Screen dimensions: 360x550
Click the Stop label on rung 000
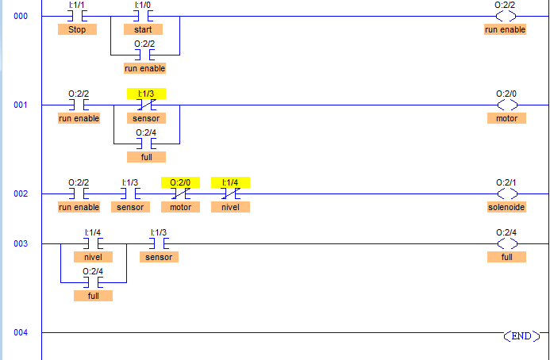pos(77,29)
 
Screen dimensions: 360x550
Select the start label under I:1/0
pos(143,29)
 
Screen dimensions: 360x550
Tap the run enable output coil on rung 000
pos(506,16)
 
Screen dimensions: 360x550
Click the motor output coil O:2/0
pos(506,105)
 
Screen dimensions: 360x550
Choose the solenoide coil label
pos(506,207)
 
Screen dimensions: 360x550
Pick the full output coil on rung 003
pos(506,243)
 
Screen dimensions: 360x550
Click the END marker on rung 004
pos(520,335)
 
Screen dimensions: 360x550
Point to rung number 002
pos(21,193)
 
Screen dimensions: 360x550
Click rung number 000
pos(21,16)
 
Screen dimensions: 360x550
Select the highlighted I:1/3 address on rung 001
pos(146,94)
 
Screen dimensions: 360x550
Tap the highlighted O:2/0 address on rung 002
pos(180,182)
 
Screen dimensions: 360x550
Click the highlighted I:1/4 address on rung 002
pos(230,182)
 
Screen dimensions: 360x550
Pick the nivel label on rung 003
pos(93,257)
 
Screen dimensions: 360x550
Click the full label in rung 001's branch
pos(146,158)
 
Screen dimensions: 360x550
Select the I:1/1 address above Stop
pos(77,5)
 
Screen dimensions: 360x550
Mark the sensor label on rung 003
pos(159,257)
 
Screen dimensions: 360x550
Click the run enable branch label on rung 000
pos(144,68)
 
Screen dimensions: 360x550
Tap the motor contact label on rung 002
pos(180,207)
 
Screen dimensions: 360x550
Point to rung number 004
pos(21,332)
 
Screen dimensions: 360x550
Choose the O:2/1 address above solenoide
pos(506,182)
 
